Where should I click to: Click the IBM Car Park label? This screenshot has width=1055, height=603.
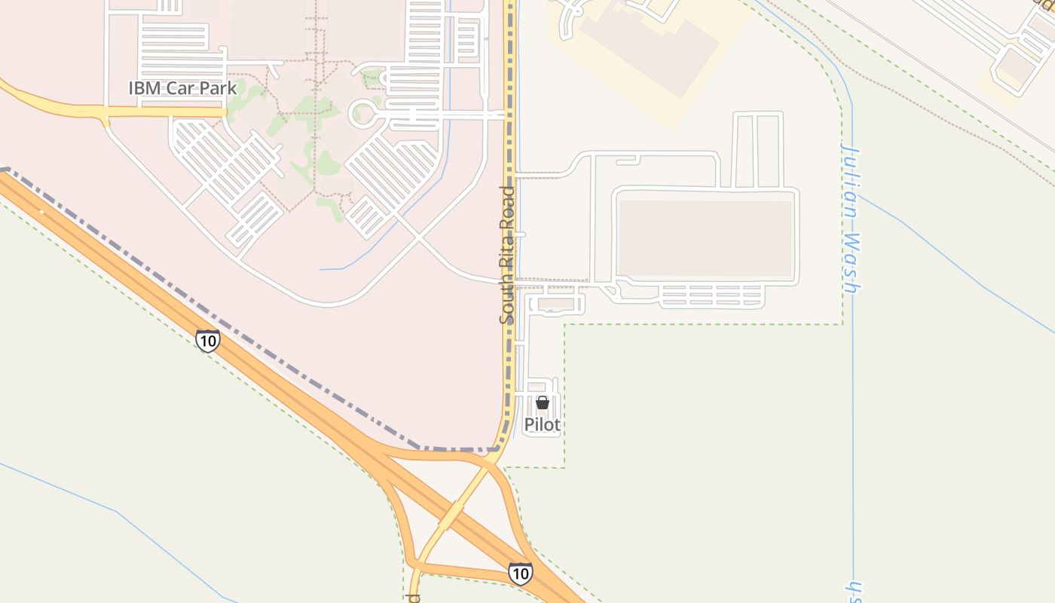pos(182,87)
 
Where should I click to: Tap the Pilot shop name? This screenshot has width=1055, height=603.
pos(542,424)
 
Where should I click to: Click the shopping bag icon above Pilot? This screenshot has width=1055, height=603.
pos(542,403)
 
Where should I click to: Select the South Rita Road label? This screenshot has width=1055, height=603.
pos(508,255)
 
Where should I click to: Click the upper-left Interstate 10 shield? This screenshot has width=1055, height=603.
pos(207,341)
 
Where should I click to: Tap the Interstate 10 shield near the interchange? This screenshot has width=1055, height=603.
pos(520,573)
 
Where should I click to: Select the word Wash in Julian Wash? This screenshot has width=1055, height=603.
pos(852,262)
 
